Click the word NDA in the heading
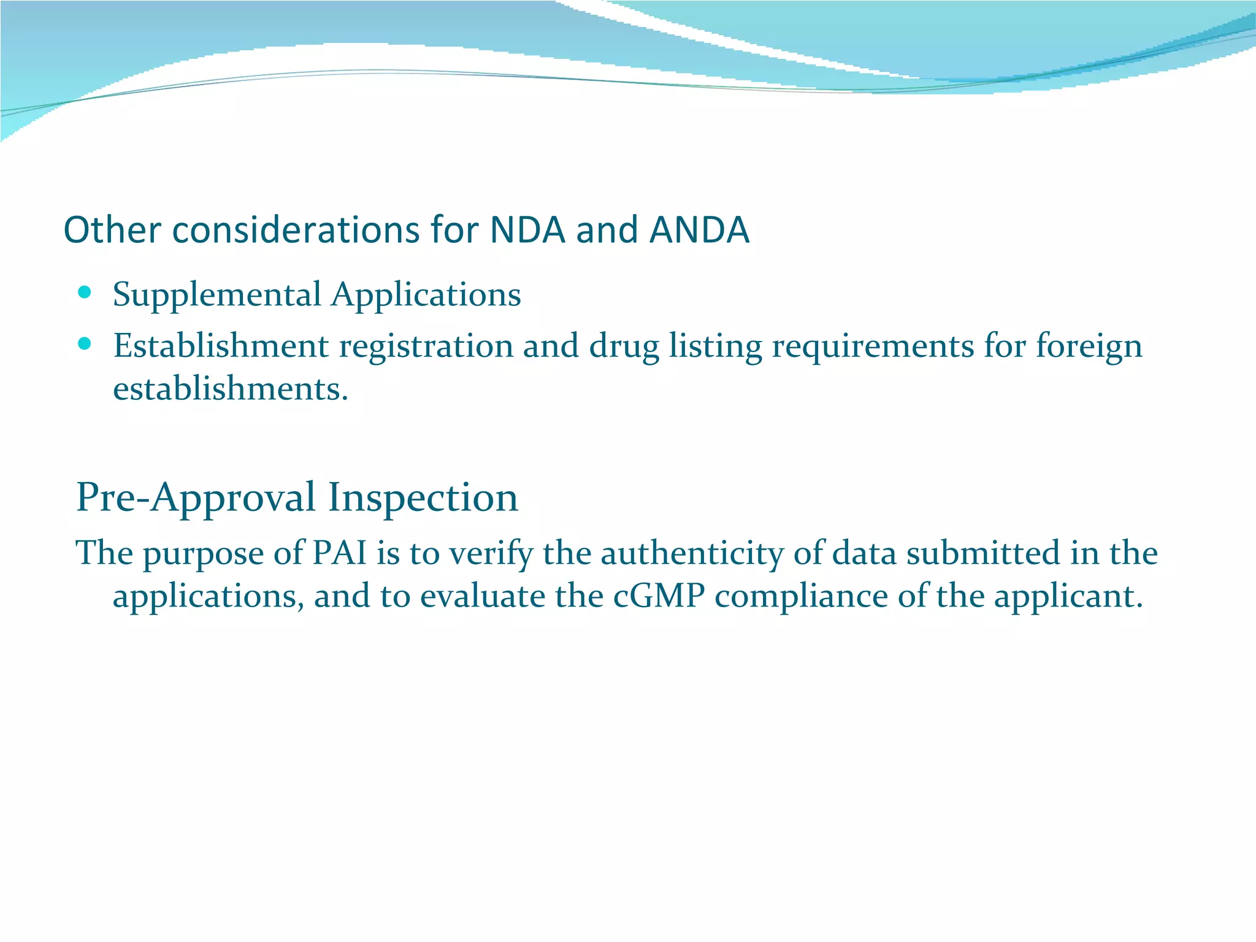pyautogui.click(x=527, y=230)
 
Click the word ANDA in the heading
pyautogui.click(x=699, y=230)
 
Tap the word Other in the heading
pyautogui.click(x=112, y=230)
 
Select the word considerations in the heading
pyautogui.click(x=295, y=230)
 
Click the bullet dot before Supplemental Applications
pyautogui.click(x=85, y=291)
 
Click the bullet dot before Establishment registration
pyautogui.click(x=85, y=343)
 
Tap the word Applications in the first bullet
pyautogui.click(x=426, y=295)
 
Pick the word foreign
pyautogui.click(x=1089, y=347)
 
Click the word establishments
pyautogui.click(x=231, y=389)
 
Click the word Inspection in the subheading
pyautogui.click(x=423, y=497)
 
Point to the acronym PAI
pyautogui.click(x=339, y=553)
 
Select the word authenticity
pyautogui.click(x=692, y=553)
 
